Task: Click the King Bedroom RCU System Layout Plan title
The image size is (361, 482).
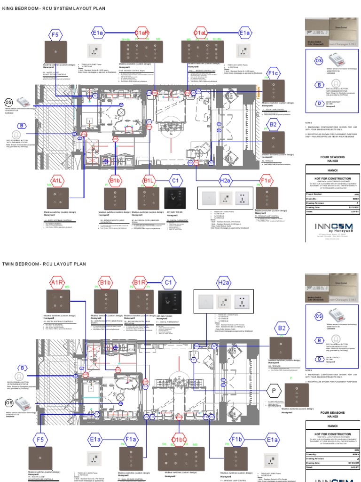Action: [54, 9]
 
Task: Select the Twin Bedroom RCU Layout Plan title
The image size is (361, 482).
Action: [44, 264]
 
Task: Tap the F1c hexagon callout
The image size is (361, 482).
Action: [274, 74]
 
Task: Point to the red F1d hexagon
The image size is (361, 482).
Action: [267, 180]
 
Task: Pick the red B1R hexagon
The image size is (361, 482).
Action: [140, 282]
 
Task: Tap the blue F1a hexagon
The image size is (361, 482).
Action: [131, 440]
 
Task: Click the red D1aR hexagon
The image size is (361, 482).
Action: [142, 33]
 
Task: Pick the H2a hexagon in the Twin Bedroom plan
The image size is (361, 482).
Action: [224, 282]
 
